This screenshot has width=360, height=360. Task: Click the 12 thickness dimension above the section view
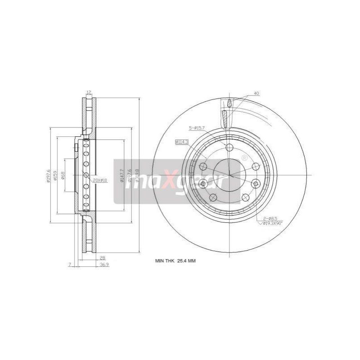click(x=89, y=92)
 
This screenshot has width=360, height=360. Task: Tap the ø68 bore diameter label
click(x=63, y=175)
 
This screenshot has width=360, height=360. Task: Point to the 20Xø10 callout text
click(x=99, y=180)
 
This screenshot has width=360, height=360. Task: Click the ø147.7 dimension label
click(x=121, y=175)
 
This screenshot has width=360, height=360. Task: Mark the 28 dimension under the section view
click(x=102, y=258)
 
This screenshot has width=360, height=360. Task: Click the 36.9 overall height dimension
click(x=104, y=265)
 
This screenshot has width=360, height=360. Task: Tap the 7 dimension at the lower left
click(x=70, y=265)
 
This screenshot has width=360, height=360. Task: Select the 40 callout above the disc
click(x=256, y=93)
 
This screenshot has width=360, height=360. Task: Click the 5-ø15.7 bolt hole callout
click(x=197, y=128)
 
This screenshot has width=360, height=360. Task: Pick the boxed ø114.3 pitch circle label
click(x=181, y=142)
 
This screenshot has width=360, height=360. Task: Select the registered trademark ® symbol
click(x=244, y=158)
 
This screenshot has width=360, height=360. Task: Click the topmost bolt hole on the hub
click(x=229, y=148)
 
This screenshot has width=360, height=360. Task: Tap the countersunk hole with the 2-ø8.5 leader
click(x=256, y=184)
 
